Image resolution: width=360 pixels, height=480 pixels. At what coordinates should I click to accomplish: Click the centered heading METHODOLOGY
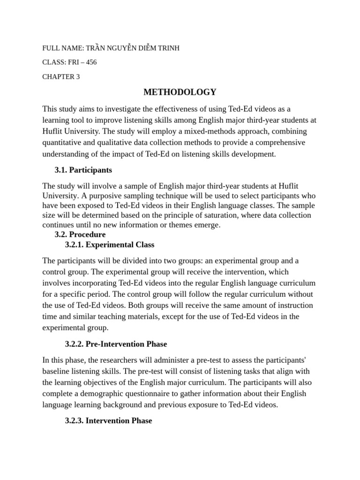click(x=180, y=92)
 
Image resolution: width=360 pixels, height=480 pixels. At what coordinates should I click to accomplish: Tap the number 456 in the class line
click(x=91, y=62)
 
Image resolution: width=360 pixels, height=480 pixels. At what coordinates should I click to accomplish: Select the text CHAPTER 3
click(x=61, y=77)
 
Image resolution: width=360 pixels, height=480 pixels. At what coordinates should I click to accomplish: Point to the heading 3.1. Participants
click(x=83, y=170)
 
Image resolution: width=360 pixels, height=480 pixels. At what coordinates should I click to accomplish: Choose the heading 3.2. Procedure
click(x=81, y=234)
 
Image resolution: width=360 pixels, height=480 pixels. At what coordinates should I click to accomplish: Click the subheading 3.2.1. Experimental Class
click(x=110, y=245)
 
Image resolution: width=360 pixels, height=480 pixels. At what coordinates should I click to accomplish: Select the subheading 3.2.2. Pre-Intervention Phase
click(x=116, y=344)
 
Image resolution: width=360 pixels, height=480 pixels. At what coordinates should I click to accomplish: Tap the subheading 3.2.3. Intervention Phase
click(x=108, y=420)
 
